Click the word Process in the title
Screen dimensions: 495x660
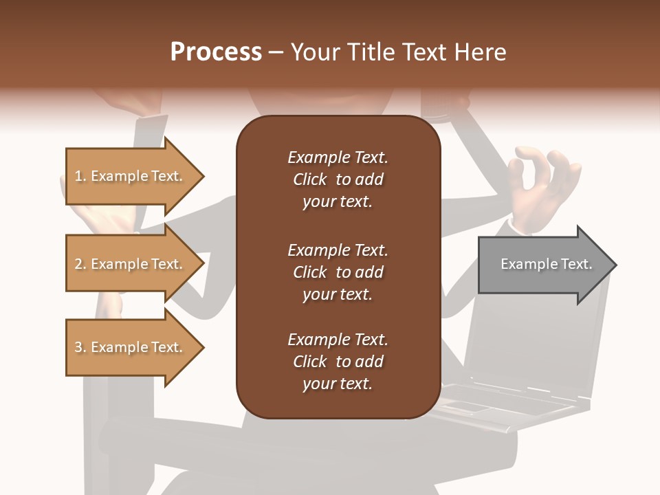click(x=216, y=52)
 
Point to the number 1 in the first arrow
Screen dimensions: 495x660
click(x=78, y=176)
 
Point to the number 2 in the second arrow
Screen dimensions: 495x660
click(x=78, y=264)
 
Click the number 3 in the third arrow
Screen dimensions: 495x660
click(x=78, y=347)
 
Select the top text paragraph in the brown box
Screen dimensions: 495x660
click(x=338, y=179)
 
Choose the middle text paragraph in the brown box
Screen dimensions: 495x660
click(x=338, y=272)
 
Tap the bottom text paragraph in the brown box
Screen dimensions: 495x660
click(x=338, y=362)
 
